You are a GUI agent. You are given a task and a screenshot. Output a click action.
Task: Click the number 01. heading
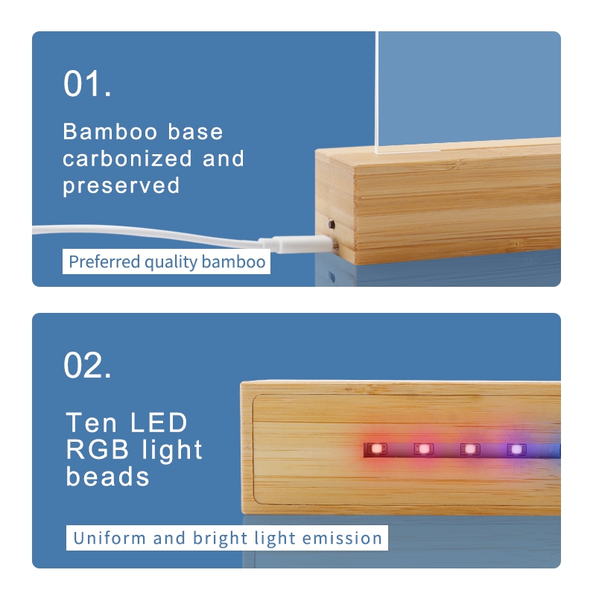point(87,83)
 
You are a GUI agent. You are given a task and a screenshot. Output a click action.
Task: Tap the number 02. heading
point(87,365)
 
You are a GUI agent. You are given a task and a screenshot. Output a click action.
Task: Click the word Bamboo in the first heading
point(110,132)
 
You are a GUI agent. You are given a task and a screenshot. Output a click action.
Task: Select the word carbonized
point(127,159)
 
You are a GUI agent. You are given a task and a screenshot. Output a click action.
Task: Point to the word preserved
point(121,186)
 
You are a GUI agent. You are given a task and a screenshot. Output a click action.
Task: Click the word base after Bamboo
point(195,132)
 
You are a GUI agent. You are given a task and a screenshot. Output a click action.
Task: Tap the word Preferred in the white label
point(104,262)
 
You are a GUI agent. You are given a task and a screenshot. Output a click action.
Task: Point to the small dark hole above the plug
point(332,225)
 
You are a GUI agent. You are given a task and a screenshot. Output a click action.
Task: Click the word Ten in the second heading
point(91,422)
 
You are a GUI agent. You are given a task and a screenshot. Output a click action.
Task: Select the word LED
point(159,422)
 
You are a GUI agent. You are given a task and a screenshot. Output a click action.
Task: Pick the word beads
point(107,477)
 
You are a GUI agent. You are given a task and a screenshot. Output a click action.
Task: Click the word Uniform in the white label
point(110,538)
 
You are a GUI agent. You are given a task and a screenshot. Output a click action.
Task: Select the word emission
point(342,538)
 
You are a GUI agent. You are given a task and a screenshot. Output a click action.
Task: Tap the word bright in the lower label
point(220,538)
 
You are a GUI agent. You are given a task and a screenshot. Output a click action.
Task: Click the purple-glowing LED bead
point(516,450)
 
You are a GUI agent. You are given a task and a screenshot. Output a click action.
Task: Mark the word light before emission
point(275,539)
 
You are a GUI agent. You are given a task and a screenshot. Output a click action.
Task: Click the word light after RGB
point(172,451)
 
